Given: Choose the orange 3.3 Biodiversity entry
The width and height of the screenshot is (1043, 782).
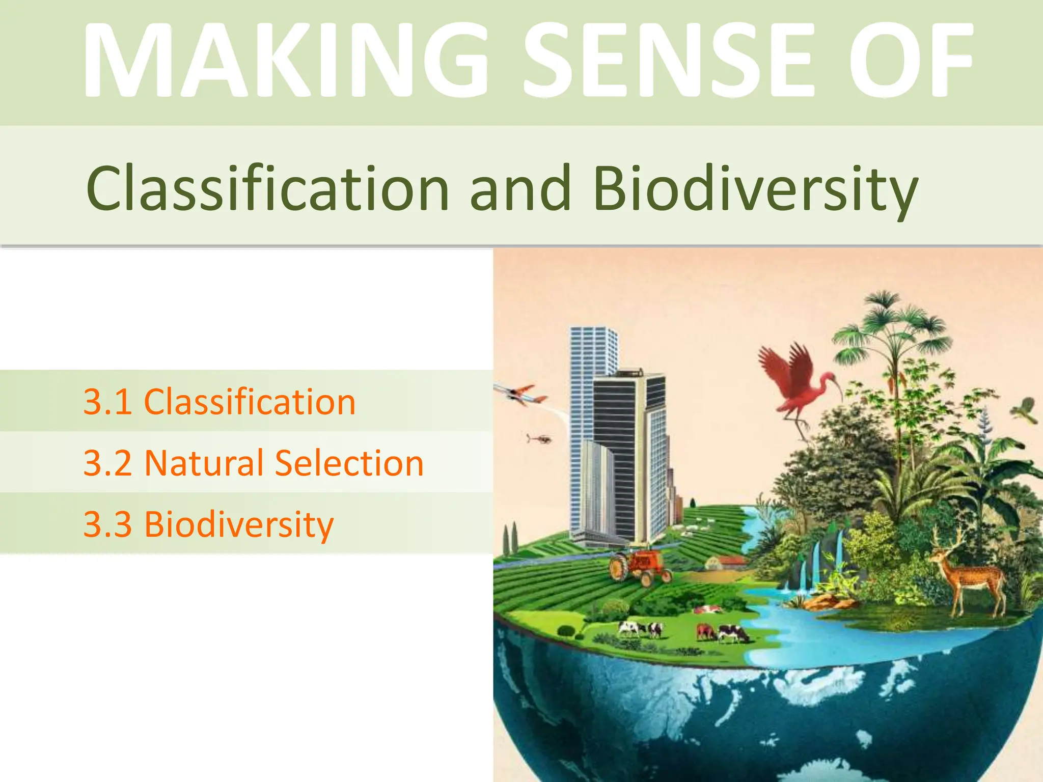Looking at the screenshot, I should pos(209,524).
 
